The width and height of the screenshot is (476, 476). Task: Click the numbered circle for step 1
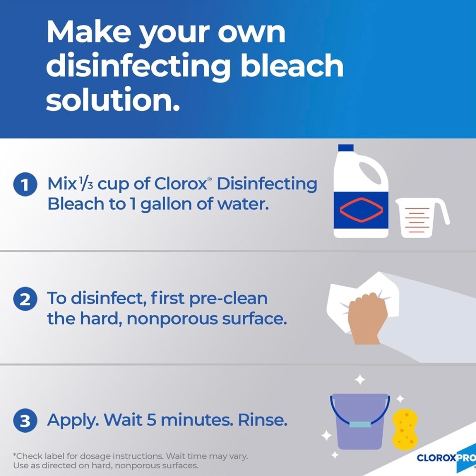[25, 184]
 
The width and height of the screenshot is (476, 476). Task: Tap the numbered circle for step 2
[25, 299]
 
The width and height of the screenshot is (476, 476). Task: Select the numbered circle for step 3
[25, 420]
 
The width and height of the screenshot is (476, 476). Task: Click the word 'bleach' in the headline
[292, 65]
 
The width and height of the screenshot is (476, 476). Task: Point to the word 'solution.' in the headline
[113, 99]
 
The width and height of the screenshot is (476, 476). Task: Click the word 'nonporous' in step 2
[172, 319]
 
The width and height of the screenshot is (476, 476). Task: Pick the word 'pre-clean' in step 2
[228, 299]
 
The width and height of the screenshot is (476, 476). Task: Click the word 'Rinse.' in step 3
[263, 419]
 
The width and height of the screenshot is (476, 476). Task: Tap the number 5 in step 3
[151, 420]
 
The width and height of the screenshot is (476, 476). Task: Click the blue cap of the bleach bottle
[346, 148]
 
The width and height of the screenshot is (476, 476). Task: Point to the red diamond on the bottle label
[361, 210]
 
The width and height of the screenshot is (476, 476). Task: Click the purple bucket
[360, 421]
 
